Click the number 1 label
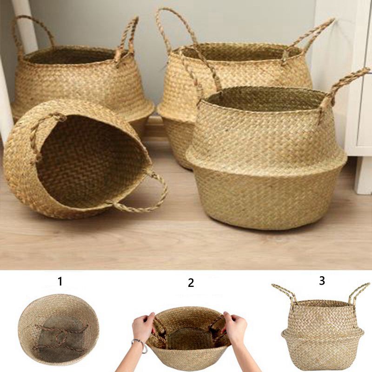pyautogui.click(x=60, y=281)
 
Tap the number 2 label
pyautogui.click(x=191, y=283)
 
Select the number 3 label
pyautogui.click(x=322, y=280)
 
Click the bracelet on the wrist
pyautogui.click(x=140, y=346)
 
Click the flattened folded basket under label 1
pyautogui.click(x=59, y=330)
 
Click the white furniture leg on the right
pyautogui.click(x=363, y=176)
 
